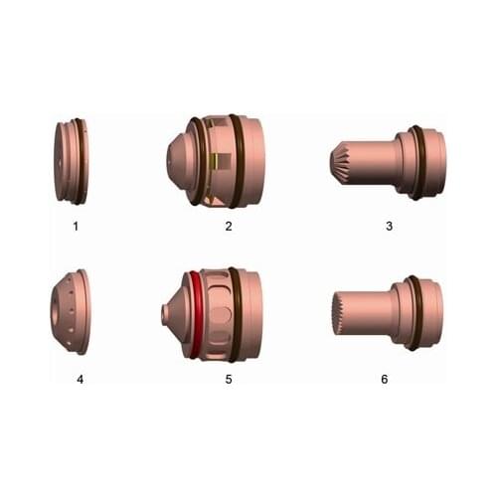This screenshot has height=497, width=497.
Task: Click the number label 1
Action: [x=75, y=226]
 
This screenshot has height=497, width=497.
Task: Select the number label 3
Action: [x=389, y=226]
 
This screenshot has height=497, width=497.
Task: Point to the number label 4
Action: [x=75, y=379]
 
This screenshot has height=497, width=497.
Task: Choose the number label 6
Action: [x=389, y=379]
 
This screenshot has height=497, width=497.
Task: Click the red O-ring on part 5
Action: [x=196, y=313]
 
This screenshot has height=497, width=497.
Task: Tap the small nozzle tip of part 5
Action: [x=165, y=315]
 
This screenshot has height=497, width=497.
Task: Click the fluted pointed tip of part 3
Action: [x=340, y=160]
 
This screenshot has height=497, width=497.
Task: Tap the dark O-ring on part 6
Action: [x=413, y=312]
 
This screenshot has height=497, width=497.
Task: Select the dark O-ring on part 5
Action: [x=235, y=313]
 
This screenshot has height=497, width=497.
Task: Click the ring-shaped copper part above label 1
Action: [x=71, y=161]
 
